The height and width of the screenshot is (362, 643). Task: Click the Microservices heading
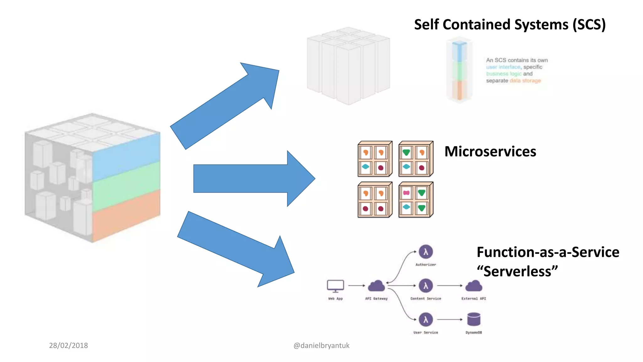(490, 151)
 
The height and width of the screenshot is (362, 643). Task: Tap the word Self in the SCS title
(427, 25)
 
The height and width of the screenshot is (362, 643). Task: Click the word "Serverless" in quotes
(517, 271)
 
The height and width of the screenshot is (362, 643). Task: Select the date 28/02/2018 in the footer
(68, 345)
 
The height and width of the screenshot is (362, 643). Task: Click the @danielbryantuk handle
(321, 345)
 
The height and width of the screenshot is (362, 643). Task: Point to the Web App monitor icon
(335, 286)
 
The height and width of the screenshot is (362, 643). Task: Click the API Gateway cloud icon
(376, 286)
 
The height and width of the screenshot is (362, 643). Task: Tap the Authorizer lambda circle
(426, 252)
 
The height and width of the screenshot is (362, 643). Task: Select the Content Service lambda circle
(426, 286)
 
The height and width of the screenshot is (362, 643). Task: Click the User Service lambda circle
(426, 320)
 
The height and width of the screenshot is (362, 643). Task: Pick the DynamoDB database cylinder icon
(473, 319)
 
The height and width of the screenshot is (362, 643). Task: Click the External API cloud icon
(473, 286)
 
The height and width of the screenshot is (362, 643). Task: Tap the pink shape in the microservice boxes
(406, 193)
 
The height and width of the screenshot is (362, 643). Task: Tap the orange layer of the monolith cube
(126, 214)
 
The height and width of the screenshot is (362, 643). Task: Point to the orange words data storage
(525, 81)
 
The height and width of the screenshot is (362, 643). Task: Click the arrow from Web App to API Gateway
(356, 286)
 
